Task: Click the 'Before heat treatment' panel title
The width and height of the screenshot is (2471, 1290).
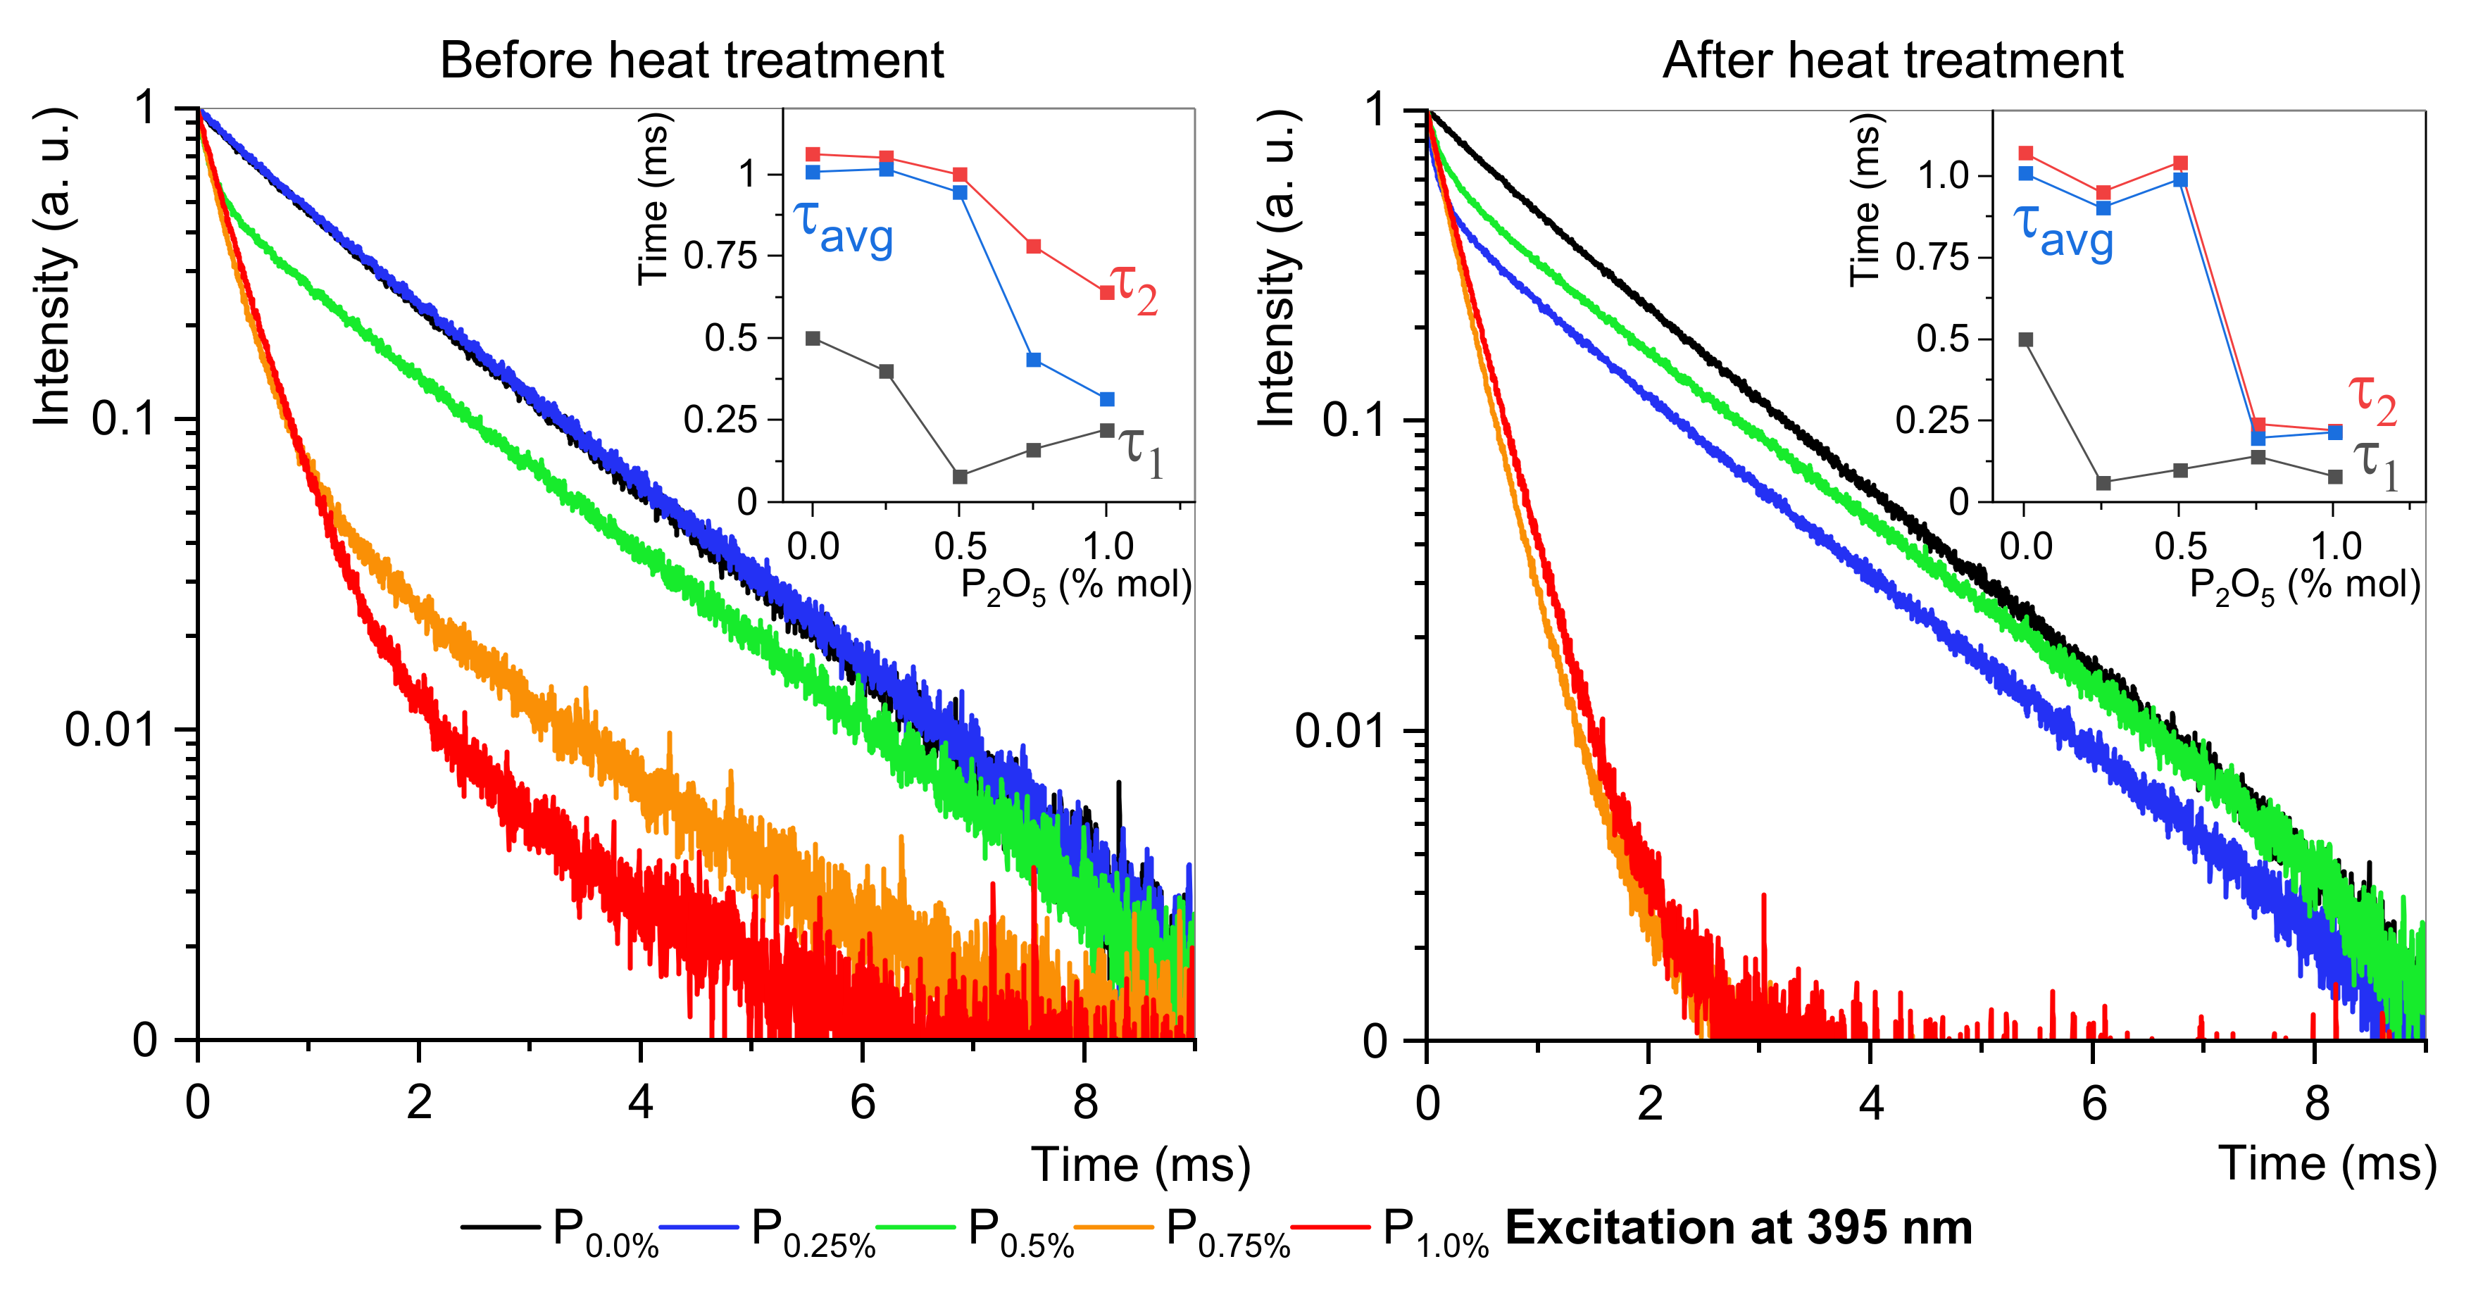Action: coord(692,61)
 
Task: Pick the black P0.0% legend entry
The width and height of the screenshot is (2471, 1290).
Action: coord(559,1231)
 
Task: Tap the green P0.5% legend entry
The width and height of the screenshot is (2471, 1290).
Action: coord(975,1231)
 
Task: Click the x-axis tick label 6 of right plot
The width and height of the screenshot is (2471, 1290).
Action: coord(2093,1105)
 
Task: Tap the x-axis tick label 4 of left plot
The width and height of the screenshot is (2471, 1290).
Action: coord(641,1104)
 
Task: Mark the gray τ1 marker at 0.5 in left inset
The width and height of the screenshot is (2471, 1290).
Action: coord(961,477)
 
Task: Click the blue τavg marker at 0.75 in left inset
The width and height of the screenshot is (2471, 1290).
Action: coord(1034,360)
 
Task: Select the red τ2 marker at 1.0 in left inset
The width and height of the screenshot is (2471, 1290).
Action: coord(1107,292)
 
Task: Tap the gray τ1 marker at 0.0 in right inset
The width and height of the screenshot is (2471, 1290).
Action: coord(2026,339)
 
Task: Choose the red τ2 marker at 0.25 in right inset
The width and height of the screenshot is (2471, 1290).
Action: coord(2103,193)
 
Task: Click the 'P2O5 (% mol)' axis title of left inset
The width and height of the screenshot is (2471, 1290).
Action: coord(1076,586)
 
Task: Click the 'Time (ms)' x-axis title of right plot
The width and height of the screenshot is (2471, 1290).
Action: coord(2328,1165)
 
